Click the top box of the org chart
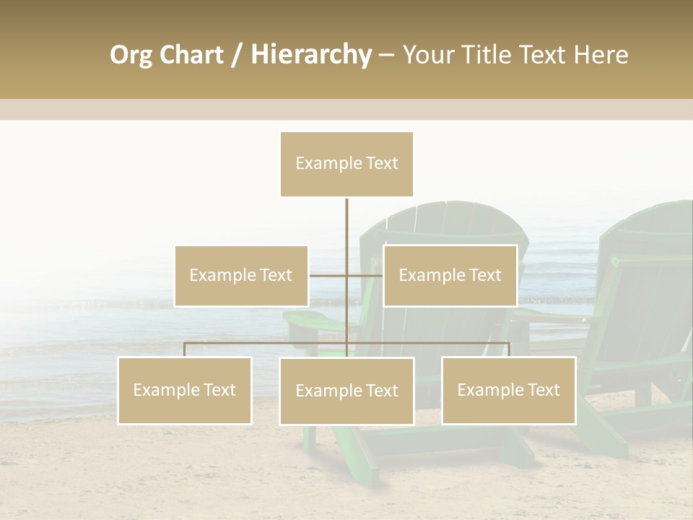pyautogui.click(x=346, y=164)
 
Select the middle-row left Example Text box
pyautogui.click(x=241, y=276)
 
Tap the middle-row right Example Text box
pyautogui.click(x=450, y=276)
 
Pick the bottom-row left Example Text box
pyautogui.click(x=185, y=390)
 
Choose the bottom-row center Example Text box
pyautogui.click(x=346, y=391)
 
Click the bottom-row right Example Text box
pyautogui.click(x=508, y=390)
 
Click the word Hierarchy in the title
pyautogui.click(x=311, y=55)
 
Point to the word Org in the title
pyautogui.click(x=131, y=55)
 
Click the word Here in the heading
pyautogui.click(x=601, y=55)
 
